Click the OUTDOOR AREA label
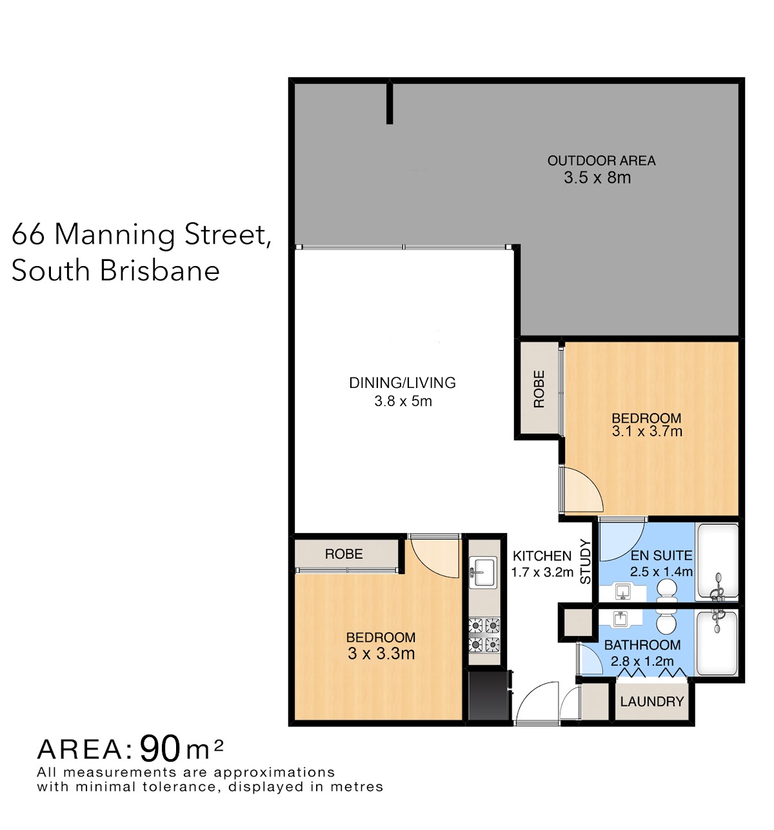coord(601,160)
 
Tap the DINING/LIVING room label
coord(402,382)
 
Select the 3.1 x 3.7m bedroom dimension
coord(647,431)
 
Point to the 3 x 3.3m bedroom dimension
coord(381,653)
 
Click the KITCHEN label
coord(542,556)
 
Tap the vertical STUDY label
coord(585,561)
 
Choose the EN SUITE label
coord(661,555)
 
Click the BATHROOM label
coord(642,645)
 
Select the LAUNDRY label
coord(652,701)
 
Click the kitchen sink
coord(483,572)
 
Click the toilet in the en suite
coord(666,590)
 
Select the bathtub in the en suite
coord(717,562)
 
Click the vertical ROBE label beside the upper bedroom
coord(539,389)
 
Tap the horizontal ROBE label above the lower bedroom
coord(344,554)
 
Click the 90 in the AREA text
coord(160,749)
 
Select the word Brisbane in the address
coord(160,271)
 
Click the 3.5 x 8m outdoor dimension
coord(597,178)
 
